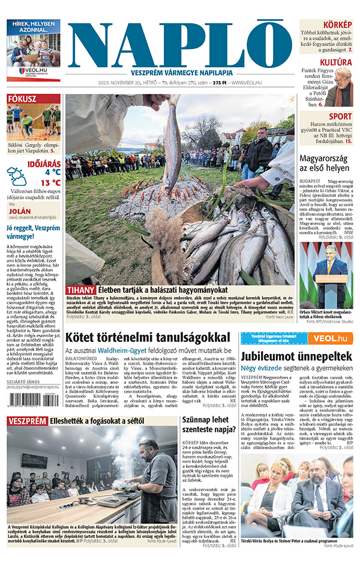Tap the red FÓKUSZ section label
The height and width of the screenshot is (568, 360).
[x=22, y=99]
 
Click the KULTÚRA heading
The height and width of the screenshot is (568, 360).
[x=335, y=62]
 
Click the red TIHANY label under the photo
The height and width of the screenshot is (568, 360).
[x=81, y=290]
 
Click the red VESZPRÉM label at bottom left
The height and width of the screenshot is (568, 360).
[x=27, y=421]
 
